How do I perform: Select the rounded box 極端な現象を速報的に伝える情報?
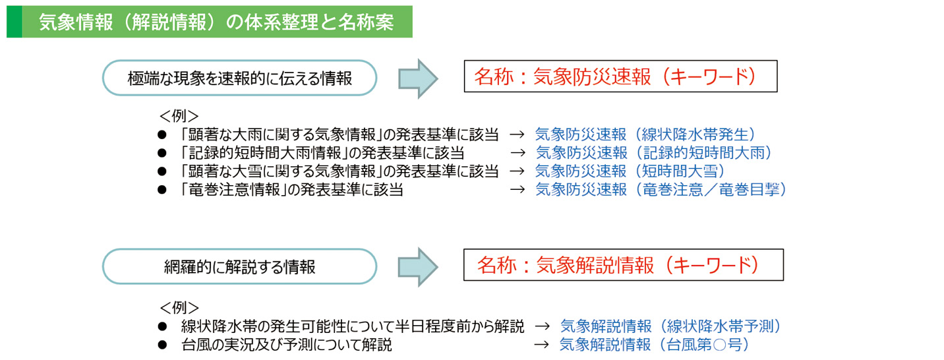239,78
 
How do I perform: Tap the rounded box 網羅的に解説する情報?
239,267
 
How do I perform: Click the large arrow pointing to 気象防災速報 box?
419,78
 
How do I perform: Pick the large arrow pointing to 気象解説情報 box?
419,267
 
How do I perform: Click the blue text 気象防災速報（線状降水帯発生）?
645,135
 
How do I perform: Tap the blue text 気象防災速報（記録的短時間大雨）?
653,153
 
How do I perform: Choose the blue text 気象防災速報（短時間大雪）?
629,171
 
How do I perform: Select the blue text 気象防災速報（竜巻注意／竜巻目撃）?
661,190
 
